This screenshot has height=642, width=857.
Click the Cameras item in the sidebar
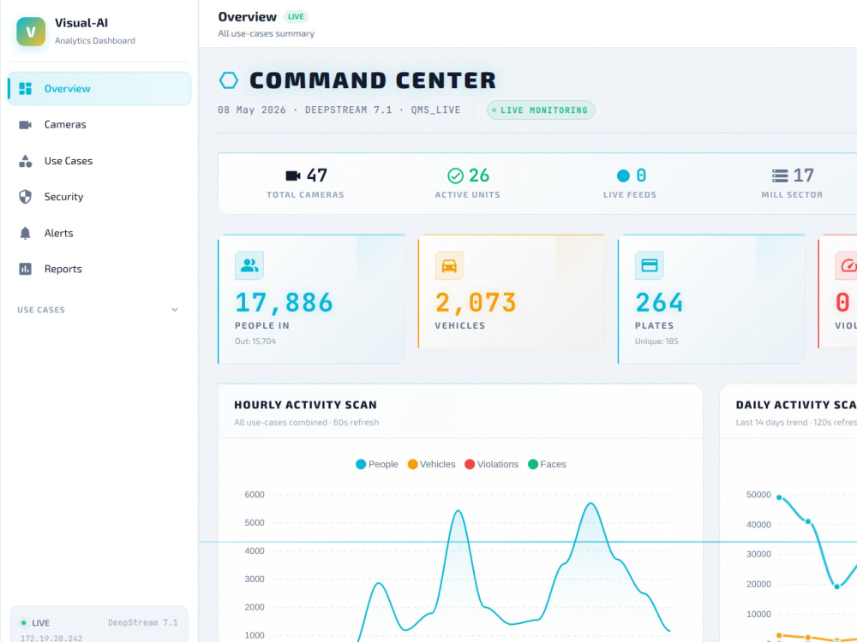tap(65, 124)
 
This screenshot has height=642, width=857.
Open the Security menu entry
tap(63, 197)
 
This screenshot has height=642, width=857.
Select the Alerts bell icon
tap(25, 233)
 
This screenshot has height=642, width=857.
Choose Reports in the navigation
tap(63, 269)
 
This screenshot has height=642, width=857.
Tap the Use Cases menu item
tap(69, 161)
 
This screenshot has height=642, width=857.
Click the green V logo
tap(31, 32)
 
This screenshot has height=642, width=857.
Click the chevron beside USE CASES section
tap(175, 310)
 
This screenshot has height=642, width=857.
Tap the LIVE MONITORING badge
tap(541, 110)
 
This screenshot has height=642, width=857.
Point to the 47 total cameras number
tap(317, 175)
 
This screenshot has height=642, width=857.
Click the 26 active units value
tap(479, 175)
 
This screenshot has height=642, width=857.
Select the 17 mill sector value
tap(804, 175)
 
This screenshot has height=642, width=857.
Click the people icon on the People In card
tap(249, 265)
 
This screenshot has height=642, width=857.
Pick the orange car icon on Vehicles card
tap(449, 265)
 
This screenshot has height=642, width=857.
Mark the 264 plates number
tap(659, 302)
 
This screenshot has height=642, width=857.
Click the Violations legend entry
tap(491, 464)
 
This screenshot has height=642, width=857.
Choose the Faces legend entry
tap(547, 464)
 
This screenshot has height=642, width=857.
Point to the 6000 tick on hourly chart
tap(255, 495)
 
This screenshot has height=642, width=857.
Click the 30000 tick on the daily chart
tap(758, 554)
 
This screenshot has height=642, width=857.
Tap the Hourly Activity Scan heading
tap(306, 405)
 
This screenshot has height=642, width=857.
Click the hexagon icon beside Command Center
tap(229, 80)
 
